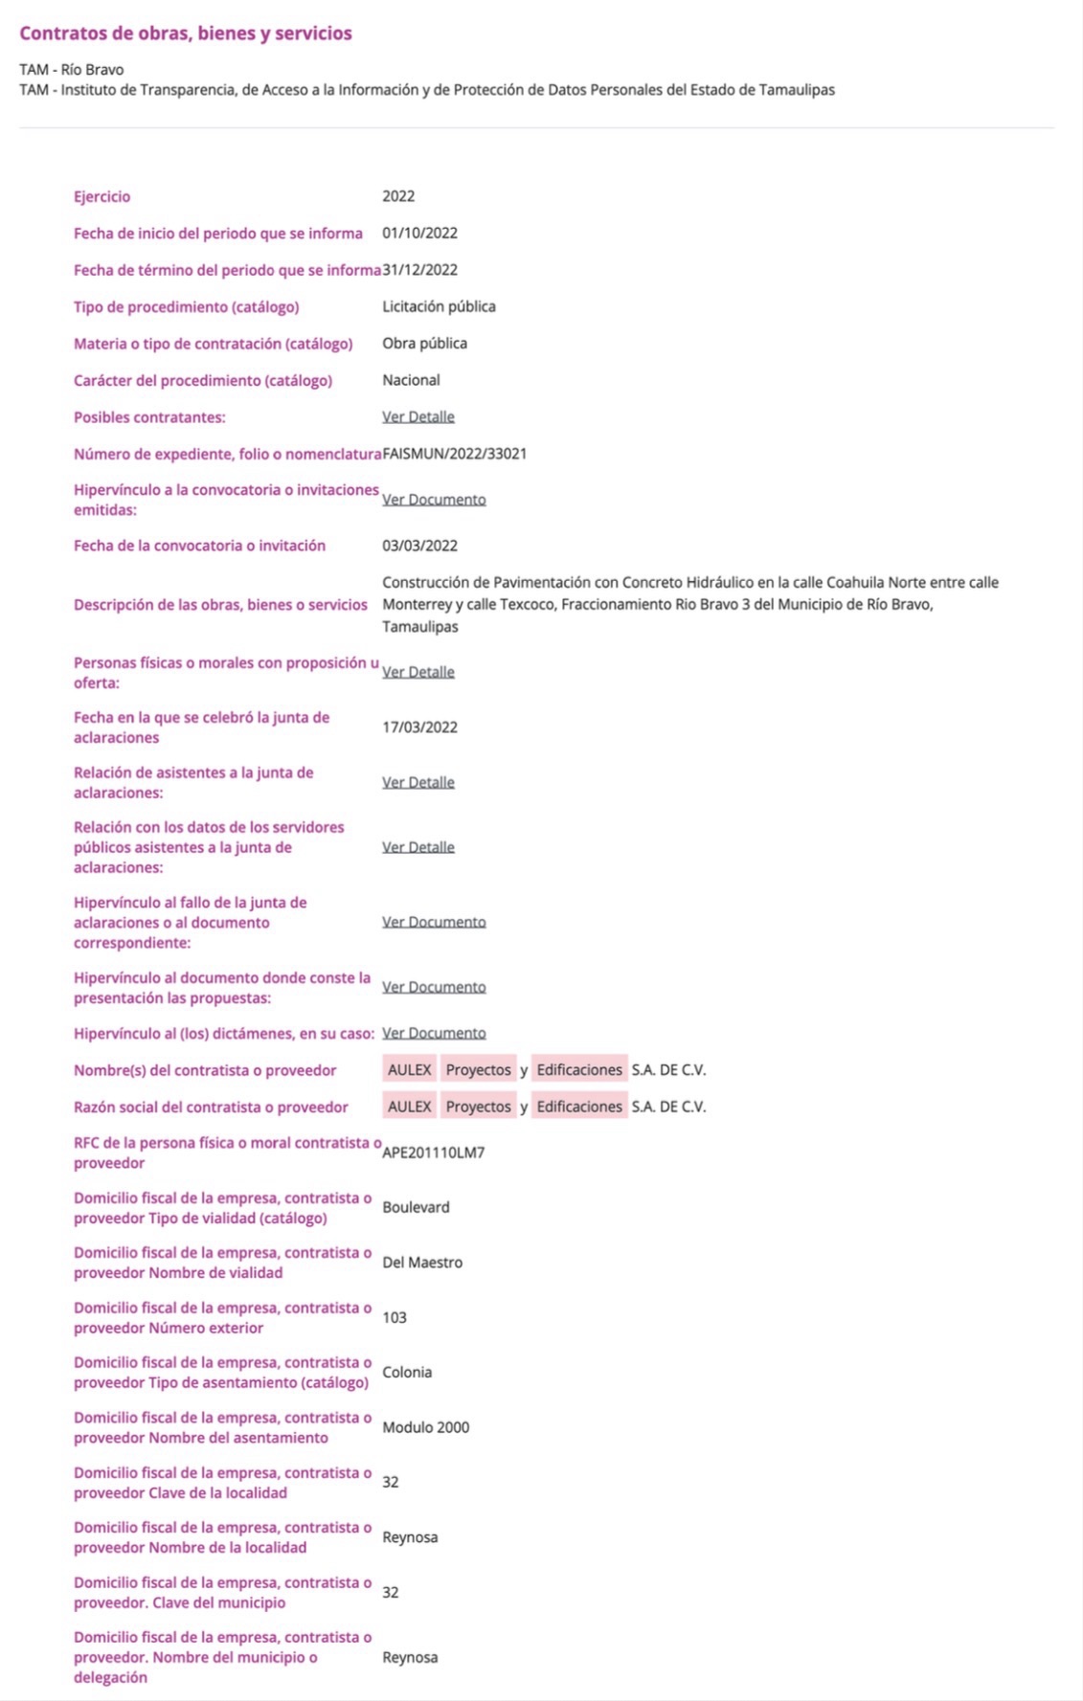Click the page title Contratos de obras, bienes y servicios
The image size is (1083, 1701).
coord(185,34)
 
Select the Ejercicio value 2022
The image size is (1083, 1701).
coord(398,196)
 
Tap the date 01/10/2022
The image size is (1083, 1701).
coord(419,233)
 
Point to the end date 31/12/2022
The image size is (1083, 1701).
coord(419,270)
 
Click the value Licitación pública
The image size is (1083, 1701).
coord(439,306)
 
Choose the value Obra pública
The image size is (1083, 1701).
coord(424,343)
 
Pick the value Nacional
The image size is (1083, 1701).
coord(411,380)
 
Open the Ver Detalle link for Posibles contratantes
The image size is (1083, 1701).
coord(418,417)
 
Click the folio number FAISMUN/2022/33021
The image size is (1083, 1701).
coord(454,454)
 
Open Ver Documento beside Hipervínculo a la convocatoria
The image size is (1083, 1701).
coord(434,500)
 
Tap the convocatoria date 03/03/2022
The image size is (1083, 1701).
coord(419,546)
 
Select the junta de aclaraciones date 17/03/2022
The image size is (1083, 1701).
coord(419,727)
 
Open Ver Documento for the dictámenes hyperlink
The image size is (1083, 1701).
coord(434,1033)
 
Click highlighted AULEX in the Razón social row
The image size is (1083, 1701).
coord(409,1107)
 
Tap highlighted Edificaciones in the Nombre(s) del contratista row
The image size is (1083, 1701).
coord(578,1070)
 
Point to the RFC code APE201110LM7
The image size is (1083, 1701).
coord(433,1153)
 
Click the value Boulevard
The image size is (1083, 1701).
coord(416,1207)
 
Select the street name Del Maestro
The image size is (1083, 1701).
coord(422,1263)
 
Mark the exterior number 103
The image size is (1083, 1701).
coord(395,1317)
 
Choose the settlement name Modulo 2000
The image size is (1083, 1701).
coord(425,1427)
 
